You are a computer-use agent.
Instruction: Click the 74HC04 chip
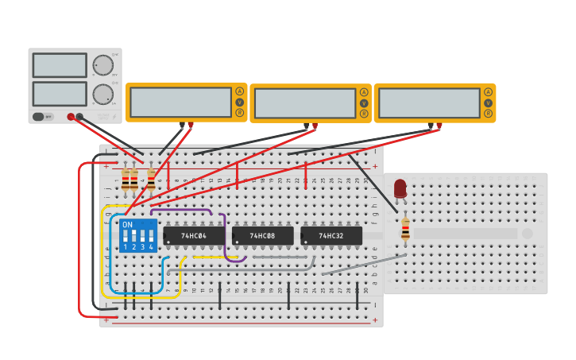tap(195, 236)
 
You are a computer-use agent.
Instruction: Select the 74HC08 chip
tap(263, 236)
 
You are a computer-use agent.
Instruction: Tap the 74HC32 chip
tap(331, 236)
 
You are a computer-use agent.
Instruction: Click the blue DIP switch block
tap(137, 236)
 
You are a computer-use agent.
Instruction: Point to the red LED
tap(400, 188)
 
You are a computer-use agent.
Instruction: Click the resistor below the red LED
tap(405, 229)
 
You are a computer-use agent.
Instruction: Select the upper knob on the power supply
tap(102, 65)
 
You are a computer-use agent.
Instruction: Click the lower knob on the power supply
tap(102, 95)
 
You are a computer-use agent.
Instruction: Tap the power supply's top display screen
tap(60, 65)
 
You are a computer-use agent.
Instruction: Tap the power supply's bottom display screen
tap(60, 94)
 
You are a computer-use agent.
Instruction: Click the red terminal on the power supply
tap(71, 117)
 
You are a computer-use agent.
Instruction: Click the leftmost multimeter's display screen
tap(180, 103)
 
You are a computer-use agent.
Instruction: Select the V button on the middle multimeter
tap(364, 103)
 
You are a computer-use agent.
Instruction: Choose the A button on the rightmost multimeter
tap(488, 92)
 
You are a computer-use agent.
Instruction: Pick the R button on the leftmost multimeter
tap(239, 113)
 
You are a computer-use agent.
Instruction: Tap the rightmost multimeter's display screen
tap(429, 103)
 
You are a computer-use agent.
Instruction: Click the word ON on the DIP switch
tap(127, 225)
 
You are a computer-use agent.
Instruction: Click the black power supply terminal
tap(79, 117)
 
